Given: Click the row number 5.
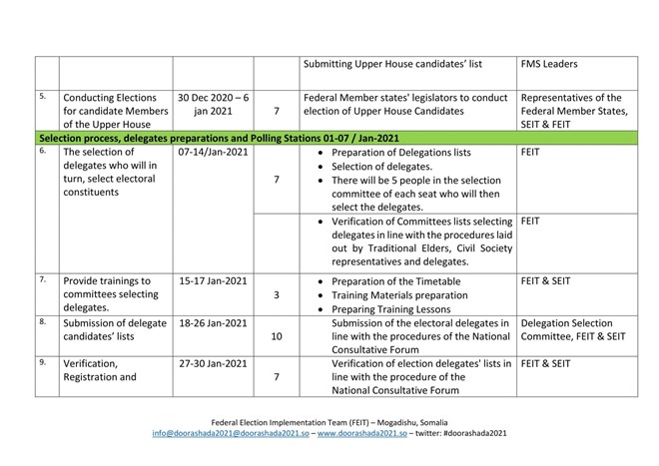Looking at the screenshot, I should click(42, 97).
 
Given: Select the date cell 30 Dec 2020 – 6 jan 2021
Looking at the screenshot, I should click(212, 105).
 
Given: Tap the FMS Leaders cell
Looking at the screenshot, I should click(548, 65).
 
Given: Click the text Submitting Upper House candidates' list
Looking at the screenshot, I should click(393, 65).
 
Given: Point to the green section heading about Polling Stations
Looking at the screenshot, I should click(218, 137).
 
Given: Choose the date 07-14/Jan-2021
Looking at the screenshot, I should click(213, 153).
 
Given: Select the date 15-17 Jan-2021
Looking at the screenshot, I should click(212, 281).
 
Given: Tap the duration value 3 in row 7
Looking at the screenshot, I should click(276, 295).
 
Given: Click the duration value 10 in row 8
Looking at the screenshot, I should click(276, 337).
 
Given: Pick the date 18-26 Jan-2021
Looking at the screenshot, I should click(212, 323).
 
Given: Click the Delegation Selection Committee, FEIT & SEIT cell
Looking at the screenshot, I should click(573, 329).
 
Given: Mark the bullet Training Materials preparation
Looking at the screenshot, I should click(398, 295).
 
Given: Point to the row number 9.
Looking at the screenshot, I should click(42, 363).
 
